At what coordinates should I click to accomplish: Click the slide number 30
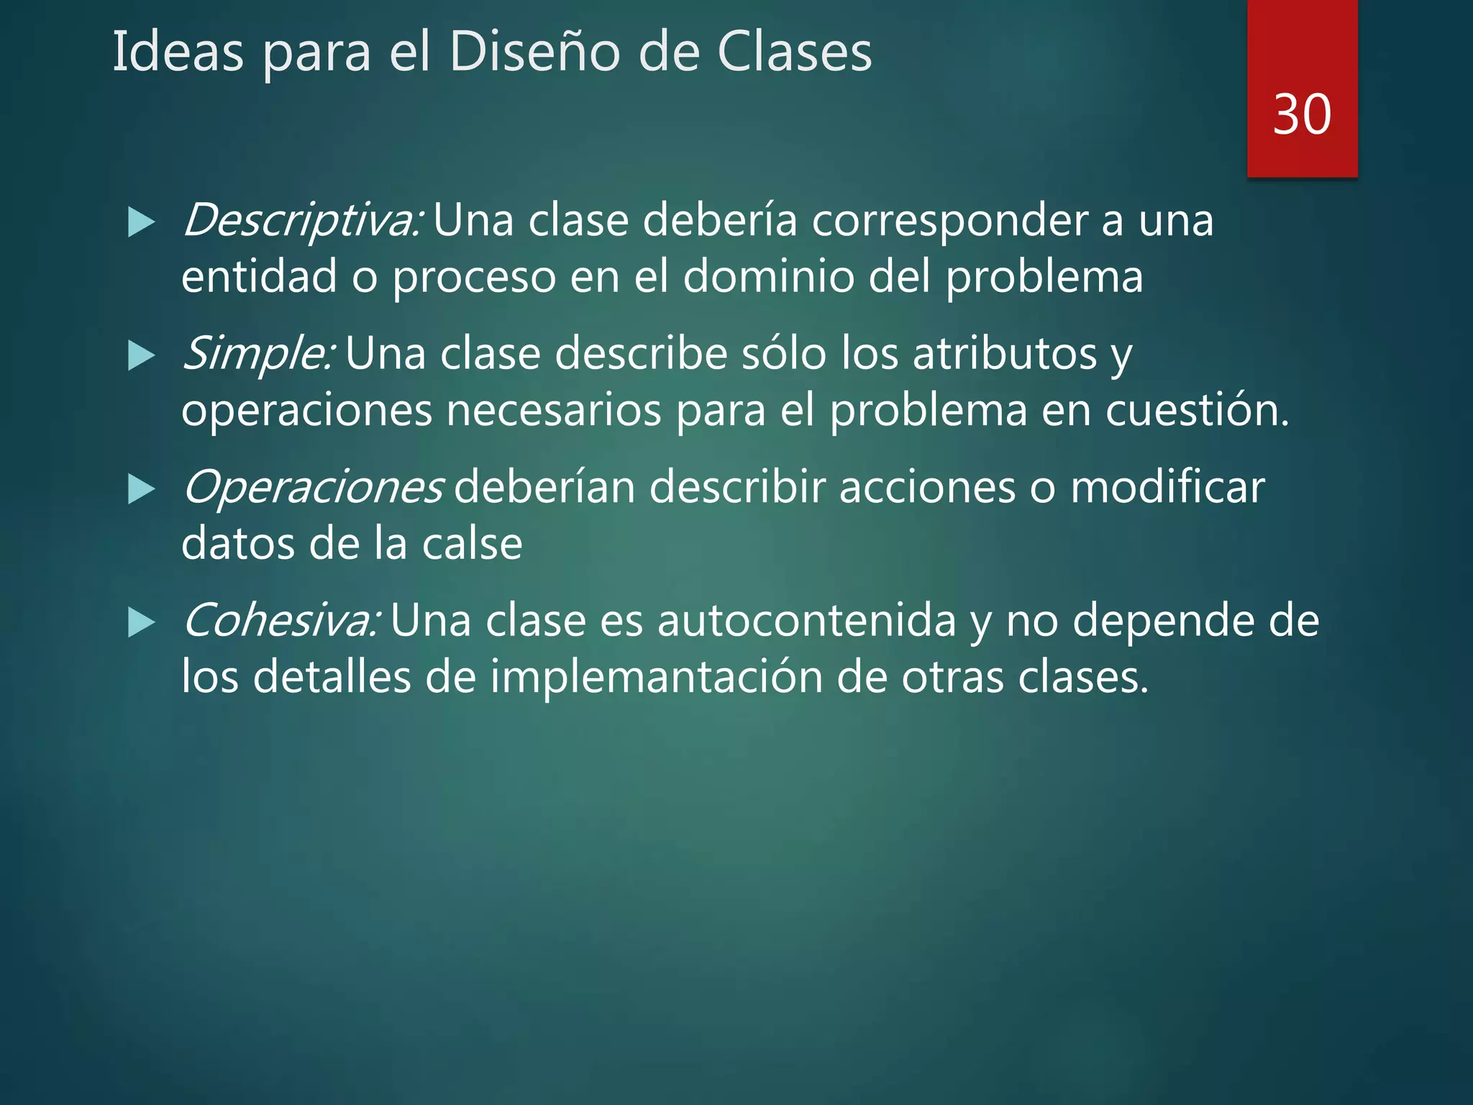point(1302,114)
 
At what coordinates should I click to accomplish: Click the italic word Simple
point(258,354)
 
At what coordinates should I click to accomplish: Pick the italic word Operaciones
point(313,487)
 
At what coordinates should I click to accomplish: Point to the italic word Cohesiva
point(281,620)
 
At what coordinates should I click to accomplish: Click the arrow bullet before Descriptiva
point(141,222)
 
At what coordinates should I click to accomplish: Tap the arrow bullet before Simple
point(141,355)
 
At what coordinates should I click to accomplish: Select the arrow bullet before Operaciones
point(141,489)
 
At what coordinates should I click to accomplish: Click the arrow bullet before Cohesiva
point(141,622)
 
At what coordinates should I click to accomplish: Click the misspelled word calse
point(472,544)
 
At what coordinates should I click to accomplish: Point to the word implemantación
point(656,677)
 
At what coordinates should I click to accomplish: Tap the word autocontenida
point(806,620)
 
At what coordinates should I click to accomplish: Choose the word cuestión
point(1197,410)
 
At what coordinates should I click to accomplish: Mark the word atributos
point(1005,354)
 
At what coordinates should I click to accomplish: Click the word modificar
point(1167,487)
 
